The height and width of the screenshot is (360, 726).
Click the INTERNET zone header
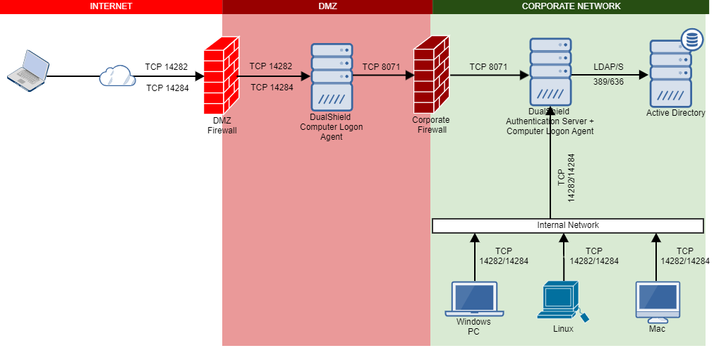click(111, 6)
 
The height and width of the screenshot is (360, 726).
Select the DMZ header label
click(327, 6)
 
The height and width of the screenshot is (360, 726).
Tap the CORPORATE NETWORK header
click(571, 6)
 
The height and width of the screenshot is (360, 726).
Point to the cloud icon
click(116, 76)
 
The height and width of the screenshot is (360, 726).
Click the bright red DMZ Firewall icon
click(222, 76)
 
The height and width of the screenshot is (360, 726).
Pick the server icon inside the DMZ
click(331, 76)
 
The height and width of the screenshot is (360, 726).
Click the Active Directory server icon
click(670, 74)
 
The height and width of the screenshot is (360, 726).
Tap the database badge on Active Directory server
click(691, 40)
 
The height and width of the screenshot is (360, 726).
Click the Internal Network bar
click(568, 225)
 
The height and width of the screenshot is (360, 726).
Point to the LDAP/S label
click(607, 66)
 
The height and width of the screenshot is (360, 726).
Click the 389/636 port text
click(607, 82)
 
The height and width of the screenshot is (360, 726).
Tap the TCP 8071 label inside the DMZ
click(381, 67)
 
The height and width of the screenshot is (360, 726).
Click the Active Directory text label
click(675, 113)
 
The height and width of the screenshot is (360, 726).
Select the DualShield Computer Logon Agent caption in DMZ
click(330, 127)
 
